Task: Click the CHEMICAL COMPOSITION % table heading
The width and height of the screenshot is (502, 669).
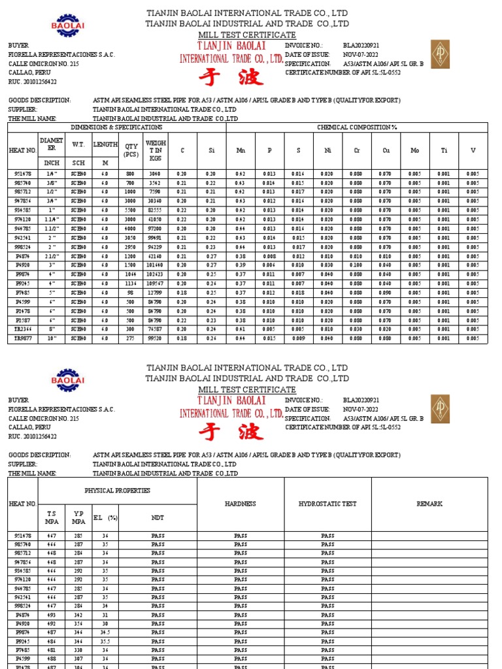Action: pyautogui.click(x=357, y=127)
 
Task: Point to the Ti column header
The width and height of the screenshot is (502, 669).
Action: pyautogui.click(x=444, y=150)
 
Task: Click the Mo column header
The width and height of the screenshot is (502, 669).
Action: pyautogui.click(x=415, y=150)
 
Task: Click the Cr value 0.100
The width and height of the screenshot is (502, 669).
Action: pyautogui.click(x=357, y=266)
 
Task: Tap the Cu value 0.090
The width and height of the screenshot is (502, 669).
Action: pyautogui.click(x=386, y=293)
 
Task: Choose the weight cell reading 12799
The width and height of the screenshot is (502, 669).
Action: pyautogui.click(x=156, y=293)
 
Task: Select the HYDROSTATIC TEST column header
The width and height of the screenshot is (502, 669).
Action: pyautogui.click(x=327, y=504)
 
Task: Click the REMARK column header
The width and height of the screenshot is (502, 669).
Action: pyautogui.click(x=429, y=504)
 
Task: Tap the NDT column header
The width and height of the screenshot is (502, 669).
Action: pyautogui.click(x=158, y=517)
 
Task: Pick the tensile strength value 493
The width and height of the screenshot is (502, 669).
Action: pyautogui.click(x=51, y=615)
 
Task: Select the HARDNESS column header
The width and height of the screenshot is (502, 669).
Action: pyautogui.click(x=240, y=504)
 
